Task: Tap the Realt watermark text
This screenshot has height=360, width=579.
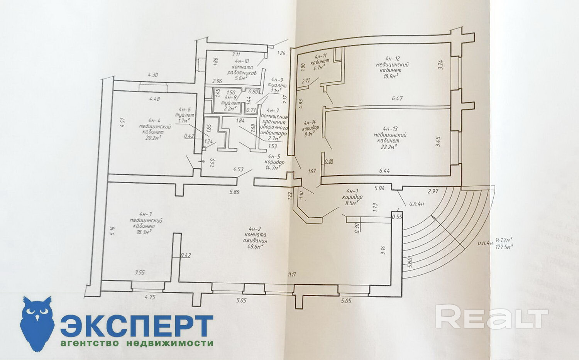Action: [492, 317]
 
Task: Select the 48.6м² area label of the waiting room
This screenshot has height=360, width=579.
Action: [255, 245]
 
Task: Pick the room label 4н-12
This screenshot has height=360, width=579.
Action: [392, 59]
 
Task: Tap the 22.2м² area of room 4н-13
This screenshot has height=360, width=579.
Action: [389, 147]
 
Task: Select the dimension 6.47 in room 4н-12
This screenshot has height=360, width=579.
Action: [397, 98]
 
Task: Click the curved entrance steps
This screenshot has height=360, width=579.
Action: [444, 232]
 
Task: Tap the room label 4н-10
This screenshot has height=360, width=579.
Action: [242, 61]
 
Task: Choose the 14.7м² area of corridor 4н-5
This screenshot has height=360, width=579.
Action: [275, 168]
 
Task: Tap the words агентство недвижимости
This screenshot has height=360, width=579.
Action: [136, 343]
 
